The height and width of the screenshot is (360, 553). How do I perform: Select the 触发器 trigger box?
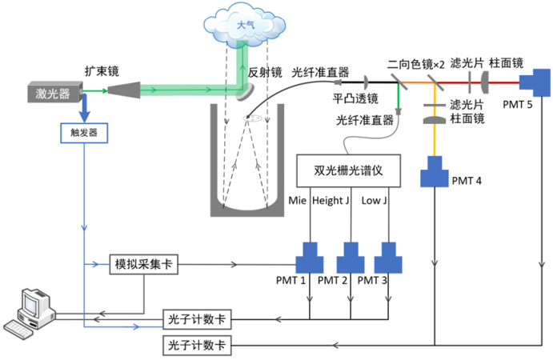coord(84,131)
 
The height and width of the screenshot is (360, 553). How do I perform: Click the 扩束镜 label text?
coord(102,70)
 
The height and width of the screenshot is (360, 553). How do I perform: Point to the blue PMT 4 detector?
coord(435,171)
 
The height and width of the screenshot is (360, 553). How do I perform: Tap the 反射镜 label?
coord(264,71)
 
